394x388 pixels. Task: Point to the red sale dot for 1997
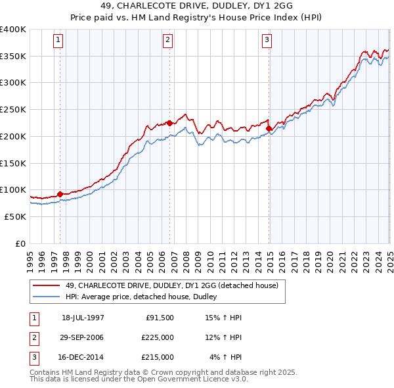(60, 194)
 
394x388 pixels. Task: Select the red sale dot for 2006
(169, 122)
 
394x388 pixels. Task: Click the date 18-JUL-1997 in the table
(83, 318)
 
